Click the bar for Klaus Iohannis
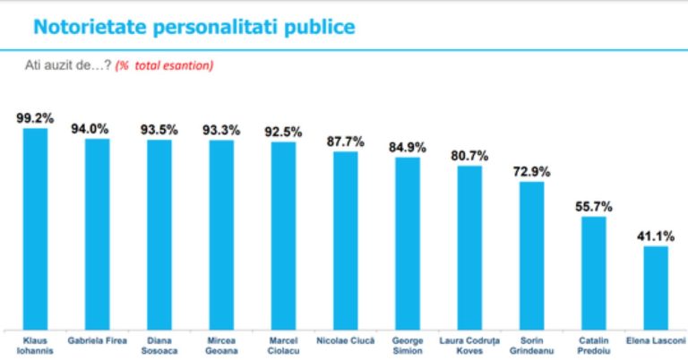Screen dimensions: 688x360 tap(35, 229)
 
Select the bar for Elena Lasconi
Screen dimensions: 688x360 tap(656, 287)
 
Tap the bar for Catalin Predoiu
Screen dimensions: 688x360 tap(594, 273)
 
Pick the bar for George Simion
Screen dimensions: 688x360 tap(408, 244)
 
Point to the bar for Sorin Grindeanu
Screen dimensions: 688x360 tap(532, 255)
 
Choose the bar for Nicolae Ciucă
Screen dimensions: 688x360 tap(345, 241)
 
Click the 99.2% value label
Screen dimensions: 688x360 tap(35, 118)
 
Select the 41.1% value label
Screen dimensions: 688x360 tap(656, 236)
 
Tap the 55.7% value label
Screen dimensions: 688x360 tap(594, 207)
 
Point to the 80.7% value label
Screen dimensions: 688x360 tap(469, 156)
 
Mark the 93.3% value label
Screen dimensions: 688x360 tap(221, 130)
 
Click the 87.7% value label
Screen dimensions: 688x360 tap(345, 141)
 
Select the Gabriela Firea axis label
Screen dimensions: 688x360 tap(97, 340)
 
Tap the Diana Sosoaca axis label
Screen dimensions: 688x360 tap(159, 346)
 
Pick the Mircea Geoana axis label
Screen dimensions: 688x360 tap(221, 346)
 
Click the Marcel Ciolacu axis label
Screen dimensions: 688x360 tap(283, 346)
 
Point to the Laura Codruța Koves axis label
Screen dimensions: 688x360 tap(469, 346)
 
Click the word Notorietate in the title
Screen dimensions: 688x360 tap(90, 27)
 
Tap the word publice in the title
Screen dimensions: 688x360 tap(320, 27)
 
